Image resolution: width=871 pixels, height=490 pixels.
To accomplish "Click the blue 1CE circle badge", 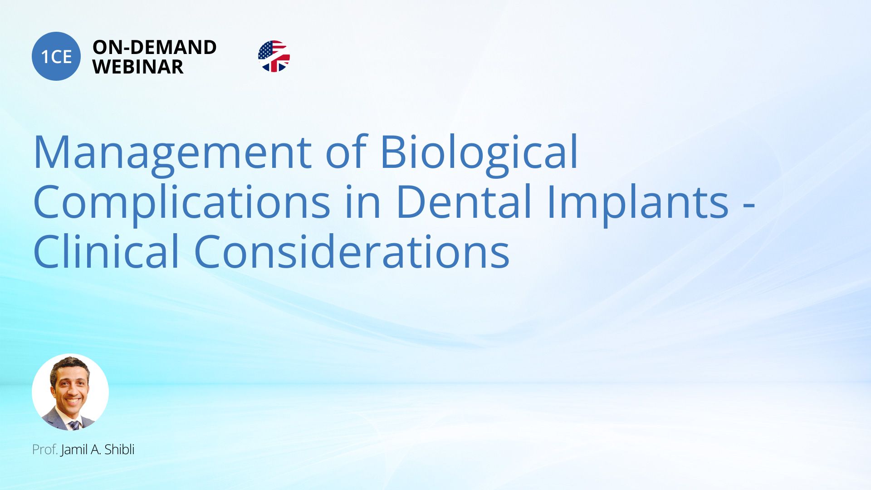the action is [56, 56].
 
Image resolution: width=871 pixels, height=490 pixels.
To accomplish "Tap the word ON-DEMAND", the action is [154, 47].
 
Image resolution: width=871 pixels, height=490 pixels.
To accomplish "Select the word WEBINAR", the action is [138, 67].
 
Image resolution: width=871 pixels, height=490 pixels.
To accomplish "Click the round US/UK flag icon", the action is [274, 56].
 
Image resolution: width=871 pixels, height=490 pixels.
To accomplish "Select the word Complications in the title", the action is [182, 203].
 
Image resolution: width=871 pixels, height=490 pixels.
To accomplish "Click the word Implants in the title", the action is [637, 203].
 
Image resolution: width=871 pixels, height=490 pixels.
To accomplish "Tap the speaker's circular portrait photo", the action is [70, 392].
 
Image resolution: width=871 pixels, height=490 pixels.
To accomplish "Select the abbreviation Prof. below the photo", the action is [45, 450].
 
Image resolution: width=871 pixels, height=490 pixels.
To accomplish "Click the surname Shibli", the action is [119, 449].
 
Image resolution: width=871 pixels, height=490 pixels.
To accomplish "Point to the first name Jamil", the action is [74, 449].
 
